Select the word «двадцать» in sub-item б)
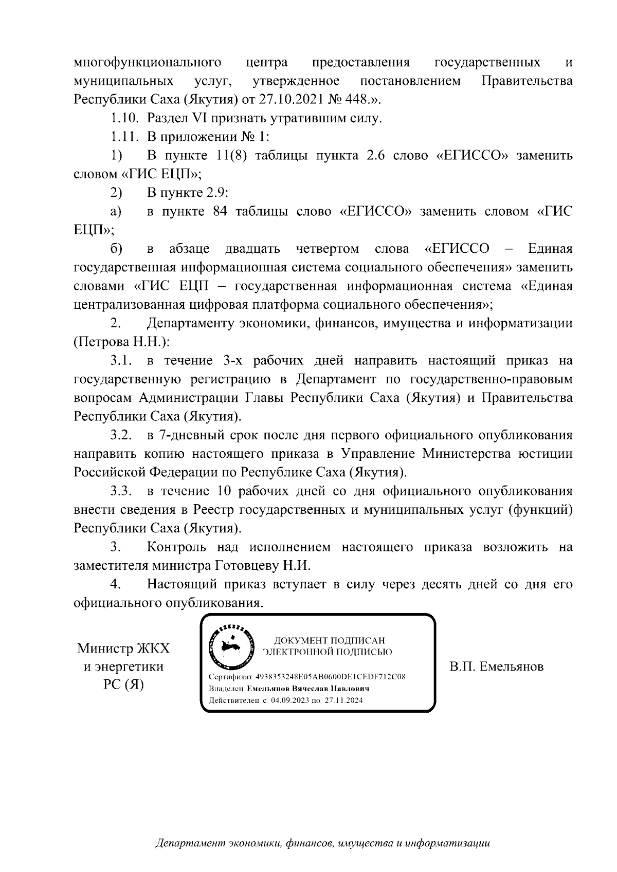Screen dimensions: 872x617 click(253, 249)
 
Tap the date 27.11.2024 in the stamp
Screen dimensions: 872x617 click(344, 700)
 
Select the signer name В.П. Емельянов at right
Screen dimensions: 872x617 click(496, 667)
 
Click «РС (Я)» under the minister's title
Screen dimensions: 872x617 click(123, 685)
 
